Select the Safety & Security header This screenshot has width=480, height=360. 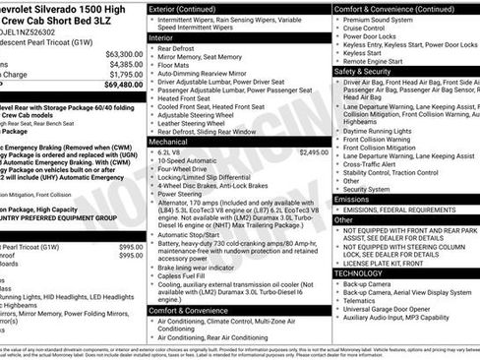(x=362, y=72)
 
